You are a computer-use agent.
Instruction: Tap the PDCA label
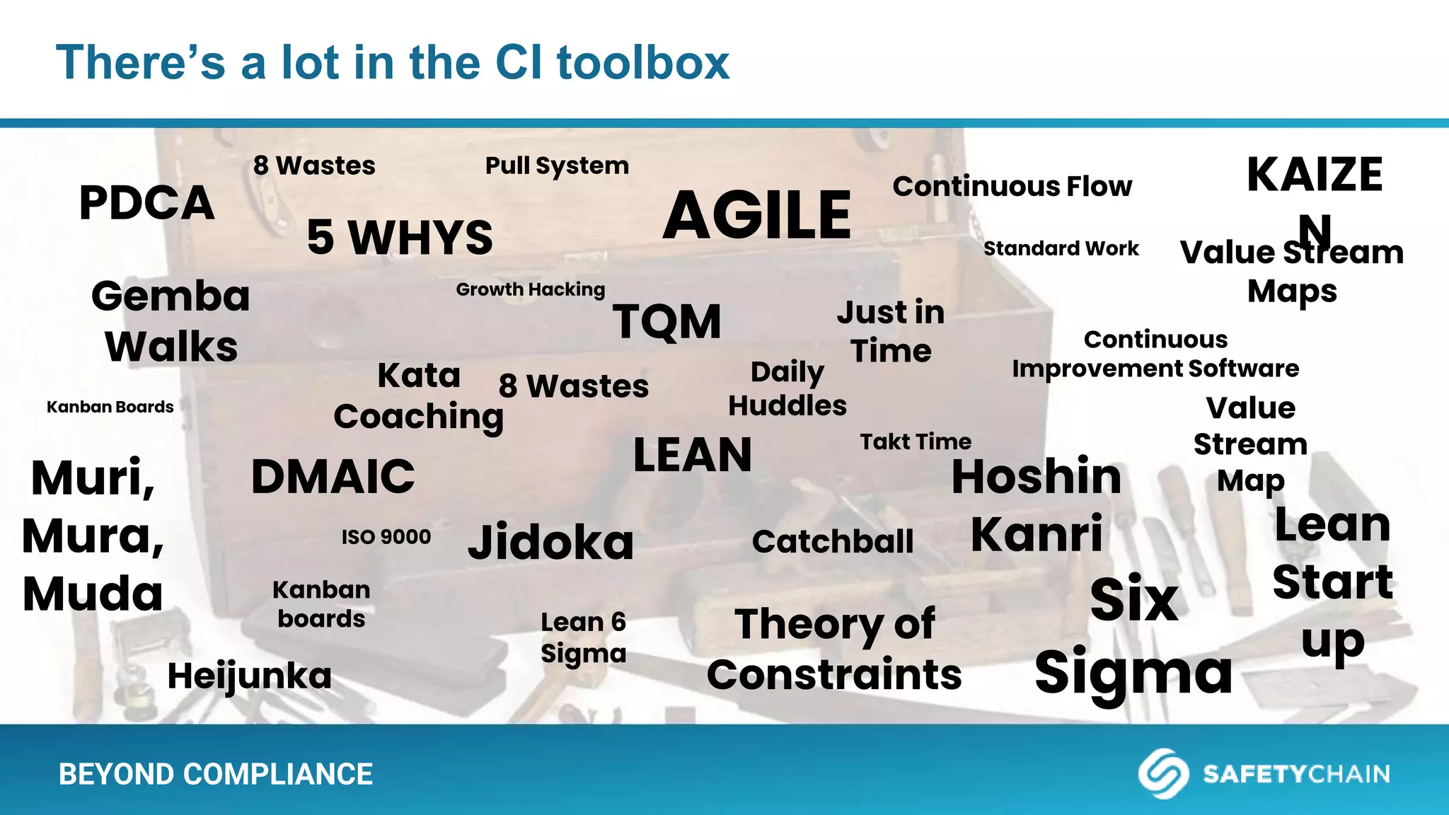tap(146, 203)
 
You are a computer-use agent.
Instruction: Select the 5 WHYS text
tap(400, 238)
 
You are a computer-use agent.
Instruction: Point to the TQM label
tap(666, 322)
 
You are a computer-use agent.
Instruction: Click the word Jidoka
tap(550, 543)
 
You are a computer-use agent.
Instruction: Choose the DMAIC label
tap(333, 476)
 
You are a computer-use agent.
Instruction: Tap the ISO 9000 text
tap(386, 537)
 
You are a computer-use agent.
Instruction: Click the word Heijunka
tap(249, 676)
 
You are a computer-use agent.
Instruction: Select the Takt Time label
tap(916, 442)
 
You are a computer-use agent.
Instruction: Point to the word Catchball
tap(833, 542)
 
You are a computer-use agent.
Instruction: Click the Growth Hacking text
tap(531, 289)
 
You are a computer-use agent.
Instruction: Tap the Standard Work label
tap(1061, 249)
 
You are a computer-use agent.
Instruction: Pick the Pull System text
tap(557, 166)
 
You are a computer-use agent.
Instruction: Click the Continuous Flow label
tap(1012, 187)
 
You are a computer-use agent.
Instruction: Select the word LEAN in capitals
tap(692, 455)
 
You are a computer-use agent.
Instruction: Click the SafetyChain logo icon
tap(1162, 773)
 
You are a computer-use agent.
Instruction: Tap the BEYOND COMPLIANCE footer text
tap(216, 774)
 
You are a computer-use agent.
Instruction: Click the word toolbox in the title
tap(643, 62)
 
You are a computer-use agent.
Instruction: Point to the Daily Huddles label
tap(787, 388)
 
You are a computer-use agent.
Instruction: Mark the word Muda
tap(93, 594)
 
